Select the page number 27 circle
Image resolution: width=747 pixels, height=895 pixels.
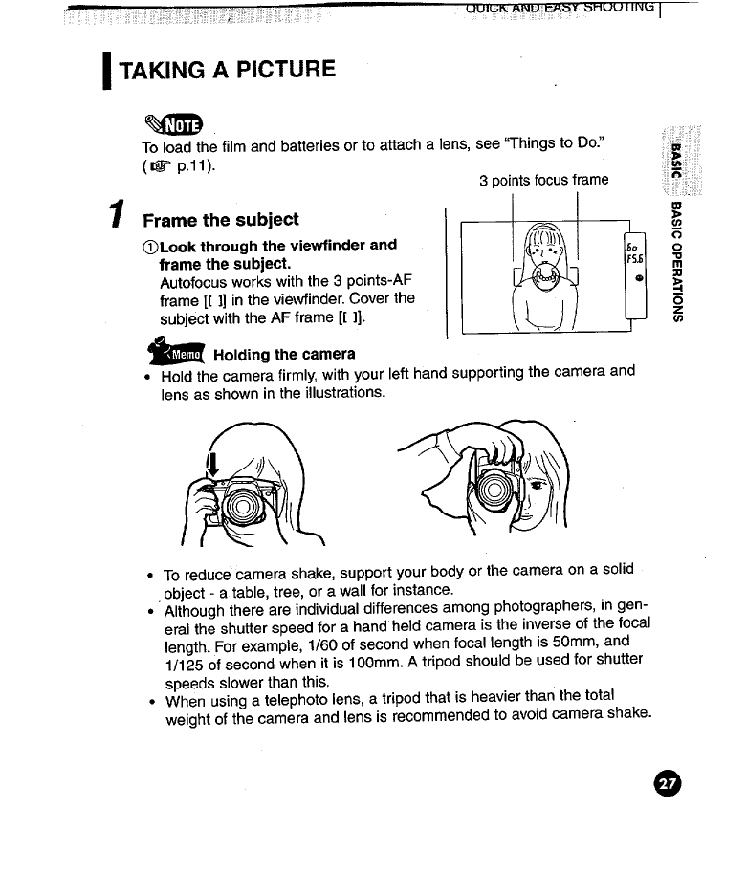pyautogui.click(x=668, y=783)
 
